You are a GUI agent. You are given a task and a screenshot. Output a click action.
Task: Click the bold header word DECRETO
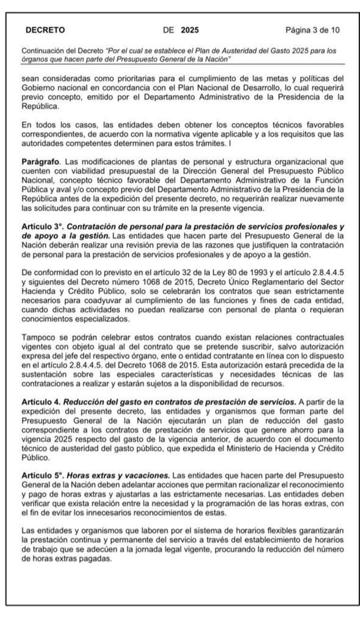point(45,30)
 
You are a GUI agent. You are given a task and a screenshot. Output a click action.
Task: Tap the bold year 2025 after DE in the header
point(190,30)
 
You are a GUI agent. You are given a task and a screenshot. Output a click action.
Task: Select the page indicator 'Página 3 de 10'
point(312,30)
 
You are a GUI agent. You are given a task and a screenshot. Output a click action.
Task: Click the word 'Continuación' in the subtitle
point(42,50)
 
